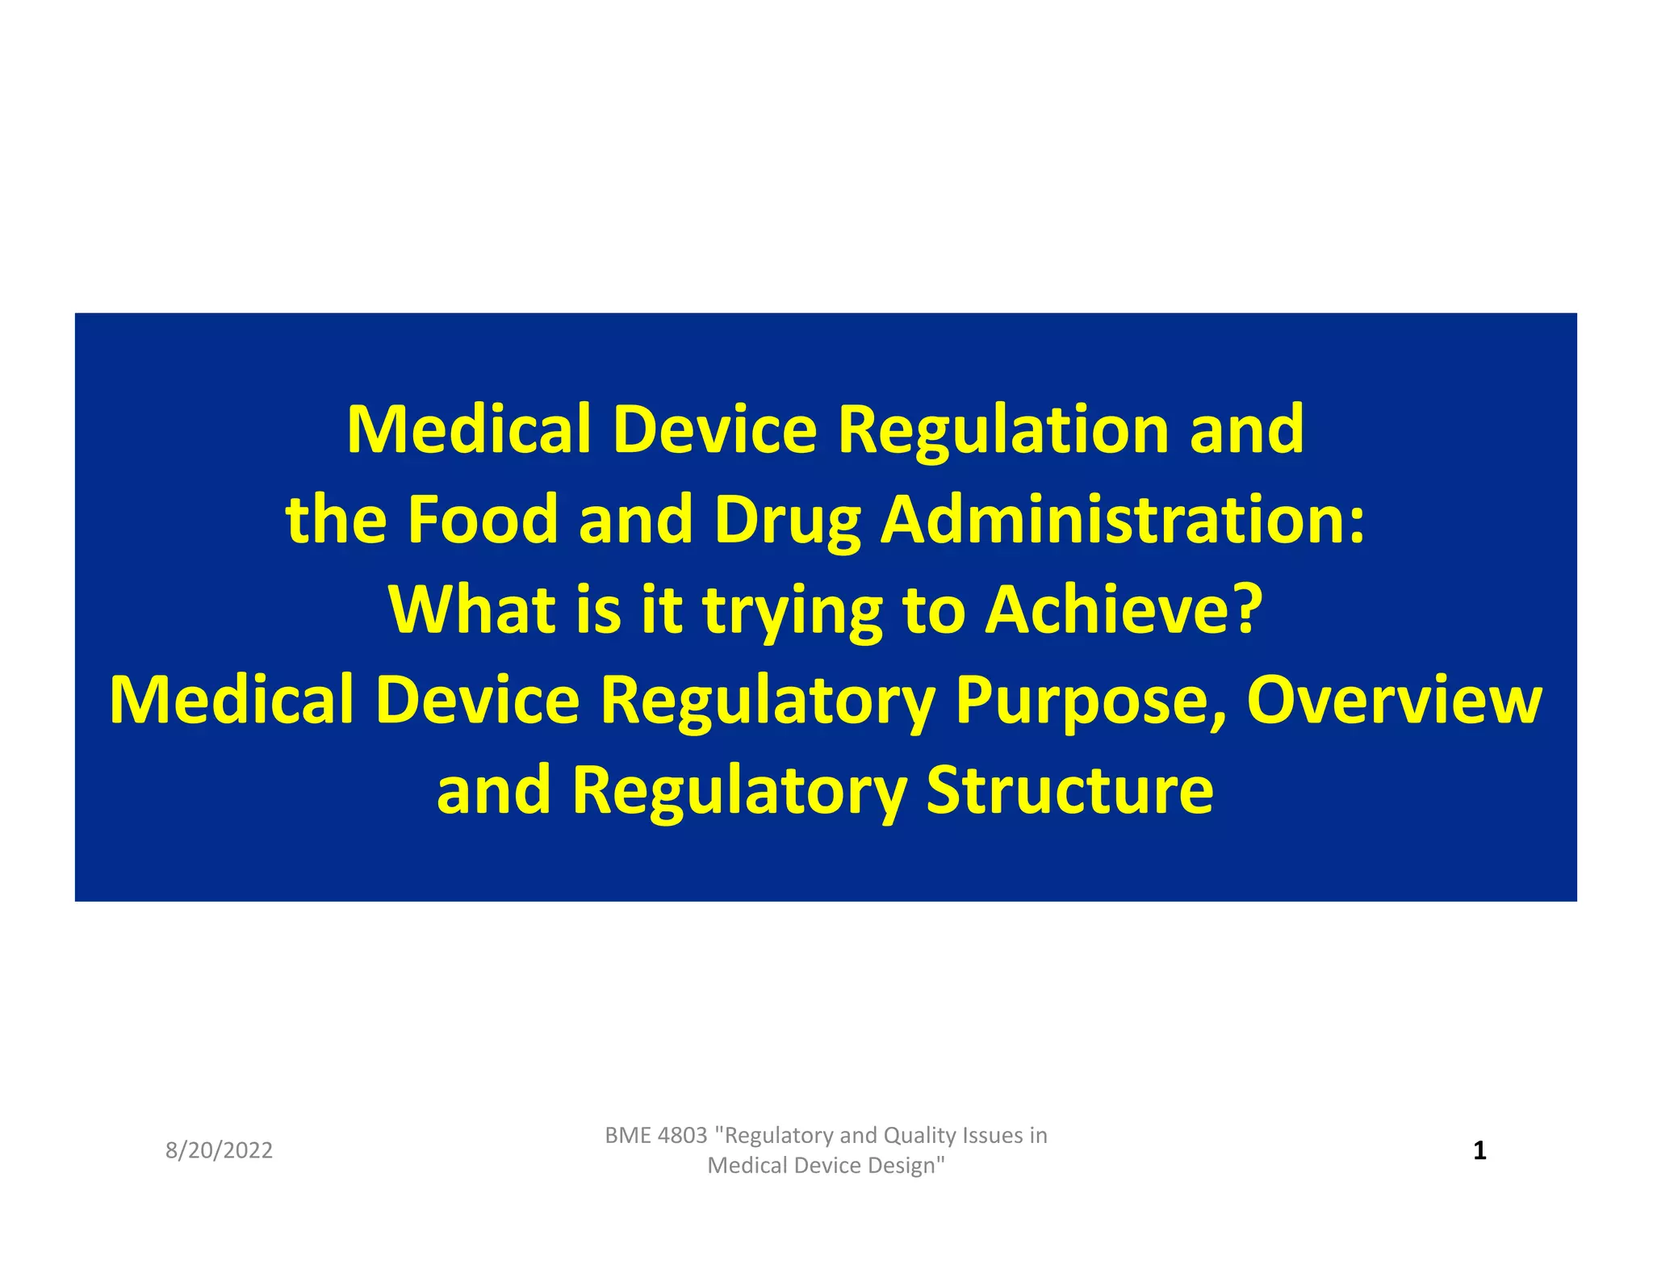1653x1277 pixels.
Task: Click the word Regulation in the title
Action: pyautogui.click(x=1003, y=430)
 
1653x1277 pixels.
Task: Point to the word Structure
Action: pyautogui.click(x=1069, y=790)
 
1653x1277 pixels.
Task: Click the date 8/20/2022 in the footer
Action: pyautogui.click(x=219, y=1150)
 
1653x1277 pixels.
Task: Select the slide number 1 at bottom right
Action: pyautogui.click(x=1479, y=1150)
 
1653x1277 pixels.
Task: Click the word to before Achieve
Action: pyautogui.click(x=933, y=610)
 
